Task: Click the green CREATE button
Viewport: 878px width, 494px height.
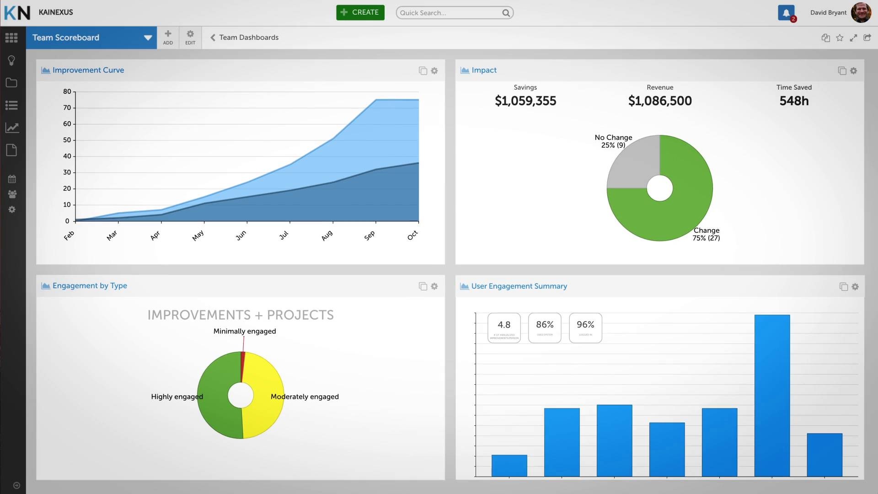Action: tap(360, 12)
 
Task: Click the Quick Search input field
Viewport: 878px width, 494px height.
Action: tap(448, 13)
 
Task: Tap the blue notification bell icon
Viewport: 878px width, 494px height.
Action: tap(786, 13)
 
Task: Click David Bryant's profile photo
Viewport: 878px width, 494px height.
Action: tap(861, 12)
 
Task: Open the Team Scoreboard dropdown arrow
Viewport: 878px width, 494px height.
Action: tap(148, 38)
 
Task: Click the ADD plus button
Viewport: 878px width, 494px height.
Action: tap(168, 37)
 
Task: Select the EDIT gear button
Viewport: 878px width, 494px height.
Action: tap(190, 37)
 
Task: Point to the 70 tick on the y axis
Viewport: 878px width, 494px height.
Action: tap(67, 108)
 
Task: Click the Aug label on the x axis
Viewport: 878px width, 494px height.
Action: tap(327, 236)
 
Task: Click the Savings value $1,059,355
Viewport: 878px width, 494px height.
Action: tap(525, 101)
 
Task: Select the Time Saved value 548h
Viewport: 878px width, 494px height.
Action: tap(794, 101)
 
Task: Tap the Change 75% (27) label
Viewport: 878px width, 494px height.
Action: tap(706, 234)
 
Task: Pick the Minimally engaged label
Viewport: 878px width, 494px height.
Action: tap(245, 331)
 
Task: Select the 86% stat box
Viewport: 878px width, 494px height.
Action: tap(544, 328)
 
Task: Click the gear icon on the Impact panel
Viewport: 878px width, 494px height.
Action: tap(853, 71)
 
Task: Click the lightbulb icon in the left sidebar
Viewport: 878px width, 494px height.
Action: tap(12, 60)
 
